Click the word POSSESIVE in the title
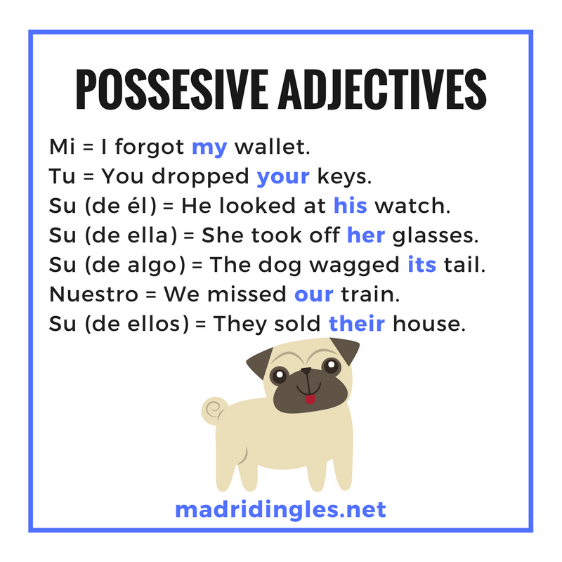pos(172,89)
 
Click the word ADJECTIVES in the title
pos(382,89)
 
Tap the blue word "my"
pos(209,148)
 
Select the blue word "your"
pos(283,177)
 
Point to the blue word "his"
pos(350,205)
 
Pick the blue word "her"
pos(366,235)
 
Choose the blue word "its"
pos(422,265)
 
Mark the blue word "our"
pos(313,294)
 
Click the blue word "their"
pos(357,323)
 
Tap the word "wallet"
pos(272,147)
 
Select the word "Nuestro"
pos(93,294)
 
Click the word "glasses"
pos(435,237)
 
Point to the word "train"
pos(370,294)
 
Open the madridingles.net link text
pos(280,509)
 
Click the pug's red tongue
pos(310,399)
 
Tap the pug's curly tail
pos(214,410)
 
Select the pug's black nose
pos(306,371)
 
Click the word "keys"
pos(344,178)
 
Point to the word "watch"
pos(412,206)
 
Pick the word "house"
pos(429,323)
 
